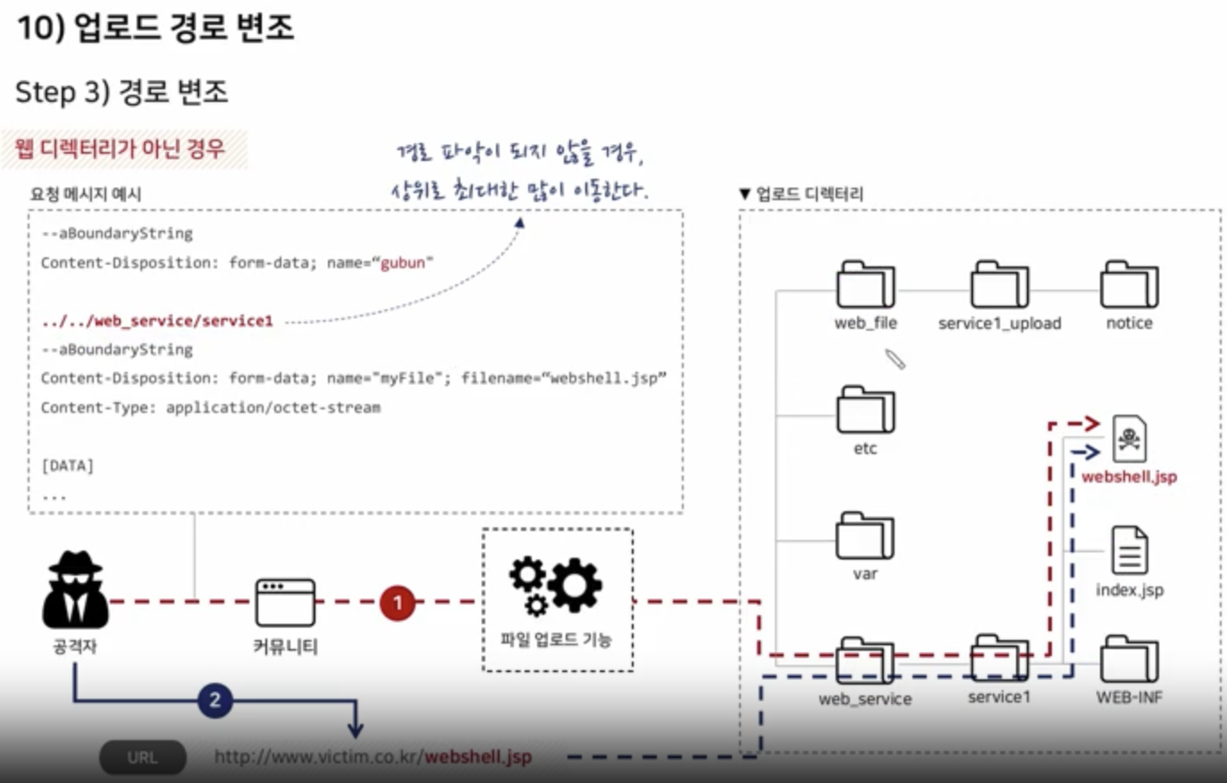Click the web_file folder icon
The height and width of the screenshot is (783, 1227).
click(x=865, y=285)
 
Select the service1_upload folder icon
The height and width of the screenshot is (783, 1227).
click(x=999, y=285)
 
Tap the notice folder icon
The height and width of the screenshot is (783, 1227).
click(x=1130, y=285)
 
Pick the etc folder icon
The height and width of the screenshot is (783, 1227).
click(x=865, y=410)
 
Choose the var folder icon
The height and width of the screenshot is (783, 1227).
click(x=865, y=536)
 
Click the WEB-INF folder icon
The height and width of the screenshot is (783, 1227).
click(x=1130, y=660)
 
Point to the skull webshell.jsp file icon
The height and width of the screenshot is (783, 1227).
click(x=1130, y=439)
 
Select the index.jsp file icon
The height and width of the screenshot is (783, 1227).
click(x=1130, y=551)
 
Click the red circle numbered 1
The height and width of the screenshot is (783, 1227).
click(x=398, y=602)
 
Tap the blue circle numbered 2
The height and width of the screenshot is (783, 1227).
click(x=214, y=700)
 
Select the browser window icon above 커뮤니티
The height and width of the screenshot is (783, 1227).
click(x=285, y=602)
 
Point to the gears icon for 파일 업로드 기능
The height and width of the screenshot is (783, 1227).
click(x=555, y=586)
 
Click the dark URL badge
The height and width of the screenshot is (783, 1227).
click(x=142, y=757)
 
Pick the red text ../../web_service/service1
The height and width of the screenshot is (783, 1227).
click(x=157, y=321)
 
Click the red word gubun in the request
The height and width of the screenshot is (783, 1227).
click(x=403, y=263)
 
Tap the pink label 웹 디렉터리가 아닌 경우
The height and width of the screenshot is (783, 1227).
click(x=120, y=148)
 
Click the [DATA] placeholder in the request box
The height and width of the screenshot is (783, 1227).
click(x=67, y=466)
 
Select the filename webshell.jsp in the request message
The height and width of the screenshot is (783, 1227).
click(x=607, y=378)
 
